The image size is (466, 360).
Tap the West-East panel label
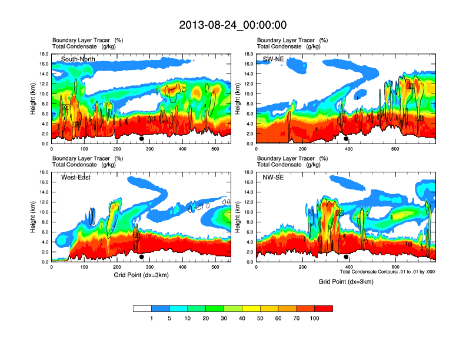tap(76, 177)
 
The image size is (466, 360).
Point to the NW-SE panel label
tap(274, 177)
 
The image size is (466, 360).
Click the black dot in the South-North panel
tap(141, 139)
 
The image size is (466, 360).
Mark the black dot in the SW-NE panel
tap(346, 139)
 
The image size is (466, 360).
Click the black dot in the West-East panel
tap(141, 257)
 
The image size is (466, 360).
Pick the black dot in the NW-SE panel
tap(346, 257)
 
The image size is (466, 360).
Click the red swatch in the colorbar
tap(324, 308)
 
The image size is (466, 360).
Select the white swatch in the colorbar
tap(142, 308)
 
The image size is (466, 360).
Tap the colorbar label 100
tap(315, 318)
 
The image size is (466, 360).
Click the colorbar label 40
tap(242, 318)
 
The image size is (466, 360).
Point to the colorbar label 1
tap(152, 318)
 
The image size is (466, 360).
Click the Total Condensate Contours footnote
tap(387, 272)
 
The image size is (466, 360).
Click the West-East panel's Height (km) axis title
tap(31, 217)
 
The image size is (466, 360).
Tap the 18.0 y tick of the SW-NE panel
tap(249, 54)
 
